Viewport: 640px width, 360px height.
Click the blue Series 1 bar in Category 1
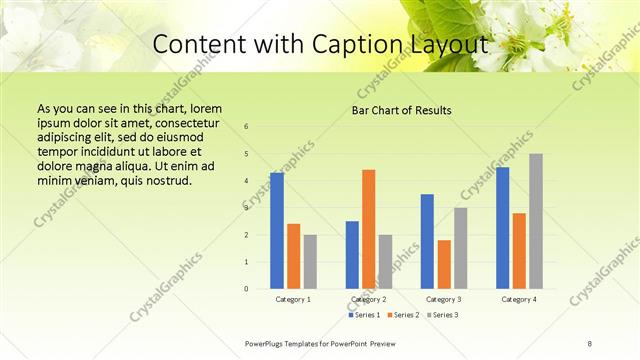tap(277, 231)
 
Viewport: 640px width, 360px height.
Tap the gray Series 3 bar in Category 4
tap(536, 221)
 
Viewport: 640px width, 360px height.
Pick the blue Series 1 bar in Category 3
tap(427, 241)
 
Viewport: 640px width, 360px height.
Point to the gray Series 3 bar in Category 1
tap(310, 262)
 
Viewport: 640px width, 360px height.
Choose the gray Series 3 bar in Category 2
tap(386, 262)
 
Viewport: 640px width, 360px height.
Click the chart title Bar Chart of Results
tap(401, 110)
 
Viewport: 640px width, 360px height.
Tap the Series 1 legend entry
tap(364, 315)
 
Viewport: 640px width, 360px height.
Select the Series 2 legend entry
tap(403, 315)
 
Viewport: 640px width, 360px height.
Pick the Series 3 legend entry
tap(442, 315)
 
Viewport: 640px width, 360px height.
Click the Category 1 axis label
tap(293, 299)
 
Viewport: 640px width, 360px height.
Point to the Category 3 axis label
tap(444, 299)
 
